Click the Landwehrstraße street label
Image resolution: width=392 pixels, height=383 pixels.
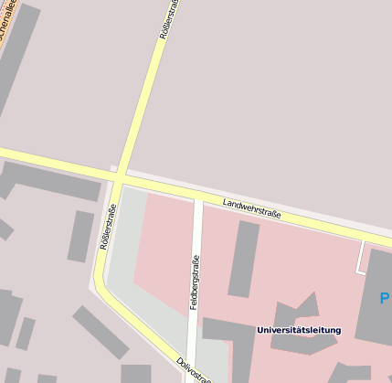(x=251, y=207)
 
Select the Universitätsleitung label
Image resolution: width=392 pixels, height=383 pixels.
(x=298, y=330)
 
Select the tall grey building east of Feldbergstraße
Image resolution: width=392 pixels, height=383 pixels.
(x=244, y=258)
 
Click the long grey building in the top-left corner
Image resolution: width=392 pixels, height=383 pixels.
(x=18, y=55)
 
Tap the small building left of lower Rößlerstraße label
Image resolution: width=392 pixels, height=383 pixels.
(x=80, y=236)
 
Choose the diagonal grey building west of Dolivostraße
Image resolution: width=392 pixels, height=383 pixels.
(x=101, y=331)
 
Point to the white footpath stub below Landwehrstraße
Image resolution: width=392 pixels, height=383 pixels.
(x=364, y=256)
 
